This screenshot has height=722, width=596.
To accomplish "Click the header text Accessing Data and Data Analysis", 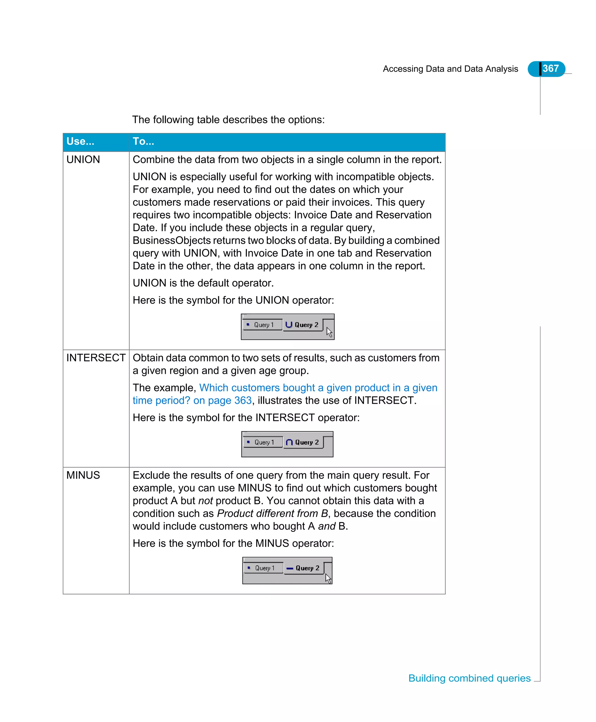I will pyautogui.click(x=450, y=69).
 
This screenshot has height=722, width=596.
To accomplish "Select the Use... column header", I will pyautogui.click(x=80, y=141).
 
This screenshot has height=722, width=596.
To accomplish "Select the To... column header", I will pyautogui.click(x=143, y=141).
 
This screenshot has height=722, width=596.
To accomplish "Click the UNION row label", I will pyautogui.click(x=83, y=160).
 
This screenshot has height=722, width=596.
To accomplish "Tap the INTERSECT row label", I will pyautogui.click(x=96, y=358).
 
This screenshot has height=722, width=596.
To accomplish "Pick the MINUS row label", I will pyautogui.click(x=83, y=475).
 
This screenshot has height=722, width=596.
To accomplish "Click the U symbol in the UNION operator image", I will pyautogui.click(x=289, y=324).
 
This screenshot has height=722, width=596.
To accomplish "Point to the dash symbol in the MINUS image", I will pyautogui.click(x=290, y=568).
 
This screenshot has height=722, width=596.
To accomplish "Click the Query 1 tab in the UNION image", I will pyautogui.click(x=262, y=325).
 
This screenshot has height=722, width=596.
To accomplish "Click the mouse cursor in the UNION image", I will pyautogui.click(x=329, y=332).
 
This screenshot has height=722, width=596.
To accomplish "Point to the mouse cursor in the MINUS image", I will pyautogui.click(x=328, y=578).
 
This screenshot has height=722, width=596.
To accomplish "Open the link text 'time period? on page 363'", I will pyautogui.click(x=192, y=401).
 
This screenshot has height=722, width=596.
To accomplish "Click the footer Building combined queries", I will pyautogui.click(x=469, y=678).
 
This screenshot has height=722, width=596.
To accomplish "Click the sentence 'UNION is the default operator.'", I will pyautogui.click(x=203, y=283).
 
